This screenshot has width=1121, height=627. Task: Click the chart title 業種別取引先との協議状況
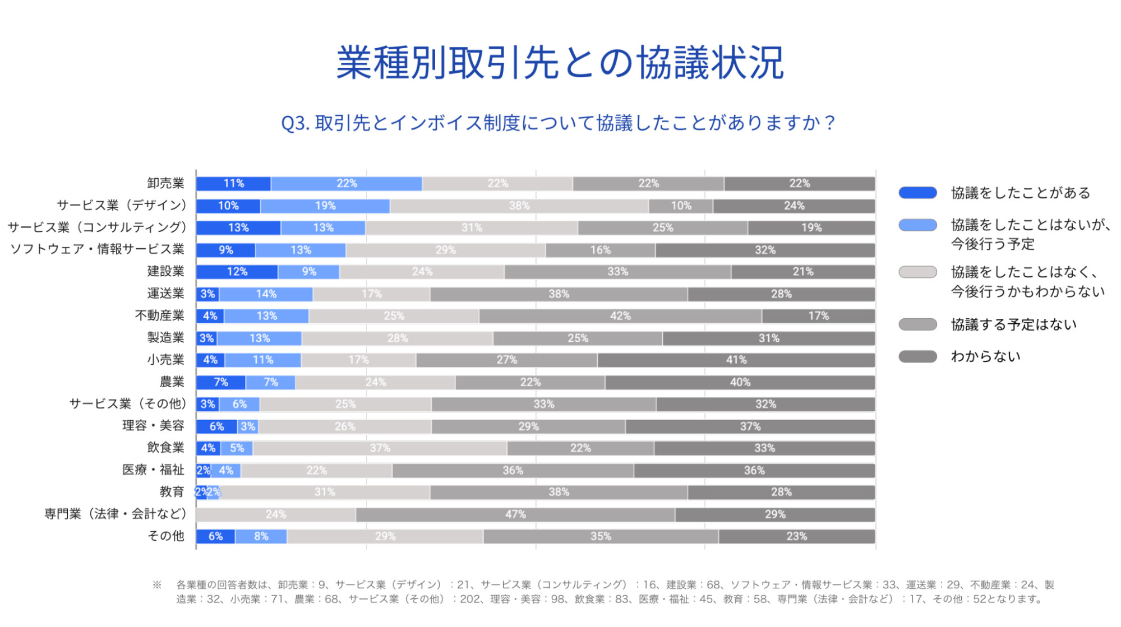560,63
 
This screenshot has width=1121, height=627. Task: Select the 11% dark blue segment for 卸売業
233,184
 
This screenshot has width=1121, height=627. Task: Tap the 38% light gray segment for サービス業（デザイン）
519,206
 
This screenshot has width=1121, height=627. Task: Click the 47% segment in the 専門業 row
515,514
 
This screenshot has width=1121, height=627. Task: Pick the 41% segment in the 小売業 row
736,360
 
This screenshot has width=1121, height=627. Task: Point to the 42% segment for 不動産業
620,316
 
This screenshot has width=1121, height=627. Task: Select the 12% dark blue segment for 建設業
237,272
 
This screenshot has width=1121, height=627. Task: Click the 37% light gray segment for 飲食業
380,448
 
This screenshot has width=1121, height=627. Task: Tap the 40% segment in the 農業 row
740,382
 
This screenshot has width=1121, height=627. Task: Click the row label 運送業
165,294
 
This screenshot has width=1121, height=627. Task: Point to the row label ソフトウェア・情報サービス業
97,249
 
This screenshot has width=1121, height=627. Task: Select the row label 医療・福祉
153,470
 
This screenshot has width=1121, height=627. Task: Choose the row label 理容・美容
153,426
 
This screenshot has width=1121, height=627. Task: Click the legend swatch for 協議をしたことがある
917,193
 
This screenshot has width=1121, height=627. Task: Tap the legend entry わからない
985,356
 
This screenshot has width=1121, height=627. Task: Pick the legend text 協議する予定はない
1013,324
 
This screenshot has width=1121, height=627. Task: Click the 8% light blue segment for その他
261,537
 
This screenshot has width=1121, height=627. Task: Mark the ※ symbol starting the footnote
157,585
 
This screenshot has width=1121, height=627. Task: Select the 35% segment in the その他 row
600,537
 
